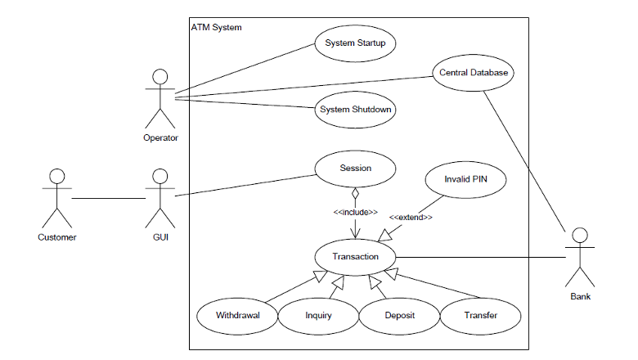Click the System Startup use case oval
355,43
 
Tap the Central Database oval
474,73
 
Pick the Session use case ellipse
355,169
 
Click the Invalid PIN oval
464,179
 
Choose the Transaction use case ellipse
355,257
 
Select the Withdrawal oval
237,315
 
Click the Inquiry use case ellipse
318,315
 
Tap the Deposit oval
399,315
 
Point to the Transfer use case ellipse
480,315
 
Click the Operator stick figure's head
160,77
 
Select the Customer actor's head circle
56,177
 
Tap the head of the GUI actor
160,177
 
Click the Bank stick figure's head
580,237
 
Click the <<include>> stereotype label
355,212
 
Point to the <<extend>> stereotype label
411,218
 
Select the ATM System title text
216,28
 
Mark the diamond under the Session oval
355,195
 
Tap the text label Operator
160,137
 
